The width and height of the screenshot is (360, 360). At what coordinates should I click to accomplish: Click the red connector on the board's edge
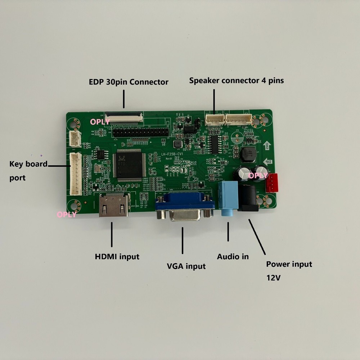(x=272, y=183)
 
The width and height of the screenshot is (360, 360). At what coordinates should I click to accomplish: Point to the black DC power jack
(x=248, y=198)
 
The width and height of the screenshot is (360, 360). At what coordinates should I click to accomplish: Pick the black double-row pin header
(x=140, y=132)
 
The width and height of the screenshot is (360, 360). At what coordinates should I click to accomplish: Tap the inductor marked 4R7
(x=248, y=154)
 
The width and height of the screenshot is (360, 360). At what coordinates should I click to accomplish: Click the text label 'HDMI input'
(x=117, y=257)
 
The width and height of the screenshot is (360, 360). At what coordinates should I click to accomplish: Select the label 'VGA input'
(x=186, y=266)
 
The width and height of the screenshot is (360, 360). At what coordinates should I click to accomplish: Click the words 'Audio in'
(x=233, y=257)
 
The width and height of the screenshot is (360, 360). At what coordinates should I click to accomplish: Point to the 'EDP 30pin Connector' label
(x=129, y=82)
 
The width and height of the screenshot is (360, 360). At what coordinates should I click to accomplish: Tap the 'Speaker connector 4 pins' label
(x=237, y=81)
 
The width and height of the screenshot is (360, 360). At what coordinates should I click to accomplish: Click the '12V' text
(x=274, y=278)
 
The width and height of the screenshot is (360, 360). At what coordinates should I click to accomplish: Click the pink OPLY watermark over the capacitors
(x=258, y=176)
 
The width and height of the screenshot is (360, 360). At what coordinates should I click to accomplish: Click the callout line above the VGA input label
(x=183, y=240)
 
